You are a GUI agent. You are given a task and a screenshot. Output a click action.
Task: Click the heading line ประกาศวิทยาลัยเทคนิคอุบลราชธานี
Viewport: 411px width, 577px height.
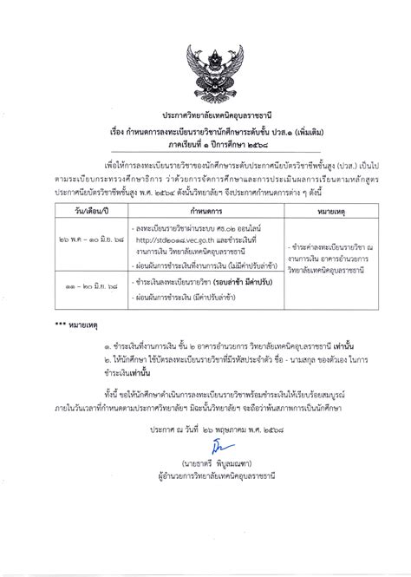206,115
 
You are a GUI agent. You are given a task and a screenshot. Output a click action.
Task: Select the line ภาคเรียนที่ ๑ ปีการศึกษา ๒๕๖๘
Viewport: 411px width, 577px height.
206,146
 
